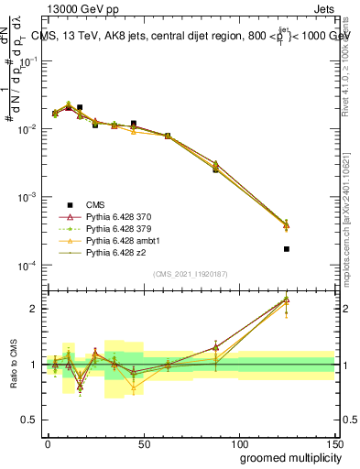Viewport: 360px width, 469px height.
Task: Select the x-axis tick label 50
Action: [143, 441]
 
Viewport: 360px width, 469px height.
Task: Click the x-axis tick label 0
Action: [48, 441]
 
